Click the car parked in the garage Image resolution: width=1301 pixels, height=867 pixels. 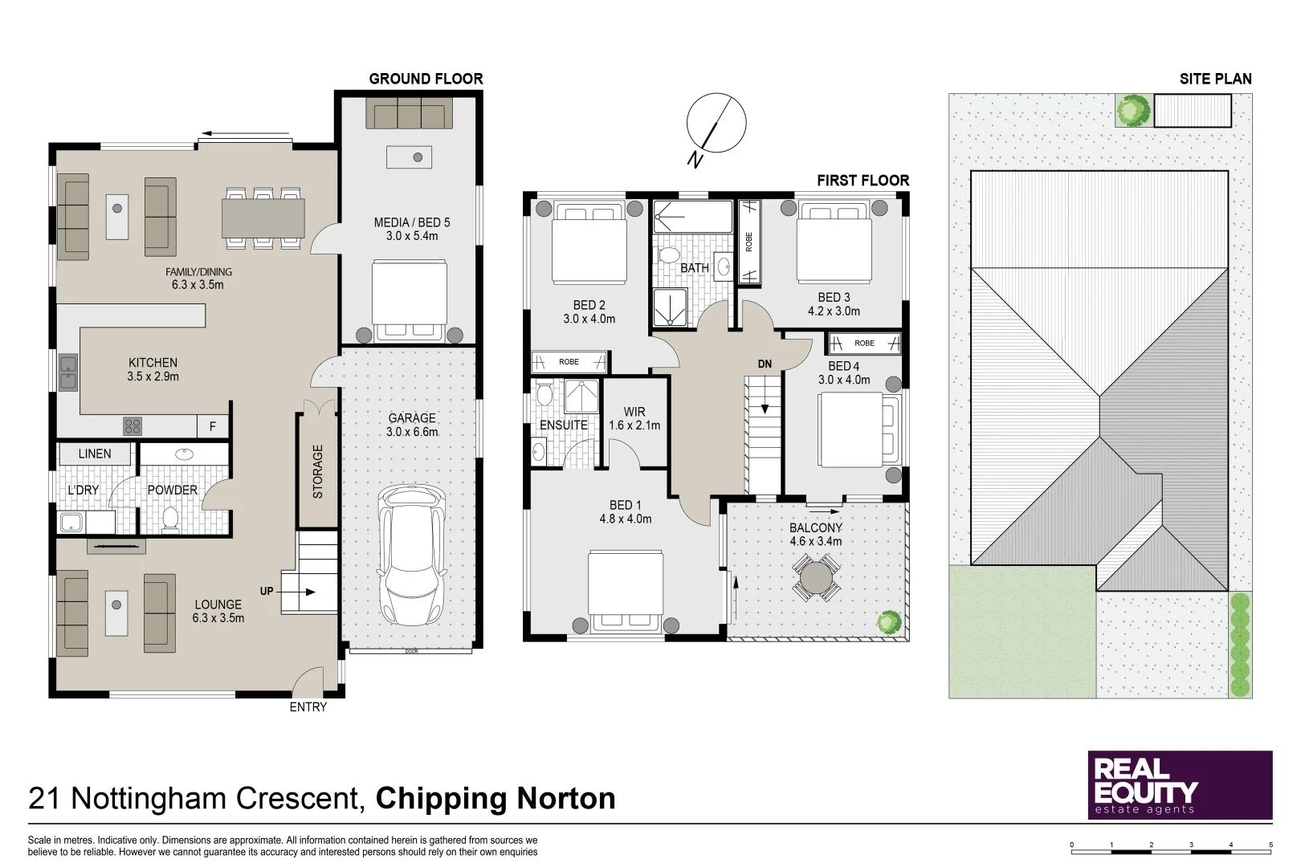412,555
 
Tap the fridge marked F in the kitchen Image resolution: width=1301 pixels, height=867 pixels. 213,426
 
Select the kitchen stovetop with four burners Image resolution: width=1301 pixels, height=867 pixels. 133,426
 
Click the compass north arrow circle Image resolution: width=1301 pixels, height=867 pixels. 716,123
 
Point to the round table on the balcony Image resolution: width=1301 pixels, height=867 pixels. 816,576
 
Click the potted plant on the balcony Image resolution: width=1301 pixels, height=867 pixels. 889,622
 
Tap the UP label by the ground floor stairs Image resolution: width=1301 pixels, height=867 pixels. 267,591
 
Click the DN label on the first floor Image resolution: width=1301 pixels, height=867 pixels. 765,364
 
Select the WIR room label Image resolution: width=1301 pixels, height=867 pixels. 634,412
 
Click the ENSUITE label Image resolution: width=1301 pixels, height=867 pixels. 564,425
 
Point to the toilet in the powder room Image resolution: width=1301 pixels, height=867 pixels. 170,519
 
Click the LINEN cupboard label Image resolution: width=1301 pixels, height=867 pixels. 95,454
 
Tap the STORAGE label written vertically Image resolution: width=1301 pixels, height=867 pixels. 318,471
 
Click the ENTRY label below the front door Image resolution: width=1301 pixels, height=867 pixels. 308,706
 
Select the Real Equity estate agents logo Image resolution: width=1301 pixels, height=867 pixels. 1181,784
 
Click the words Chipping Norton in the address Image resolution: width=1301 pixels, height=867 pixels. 496,798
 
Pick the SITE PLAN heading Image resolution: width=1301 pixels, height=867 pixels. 1216,79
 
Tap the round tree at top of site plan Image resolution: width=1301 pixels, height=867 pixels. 1133,110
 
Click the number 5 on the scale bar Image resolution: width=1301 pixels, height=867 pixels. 1270,845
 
